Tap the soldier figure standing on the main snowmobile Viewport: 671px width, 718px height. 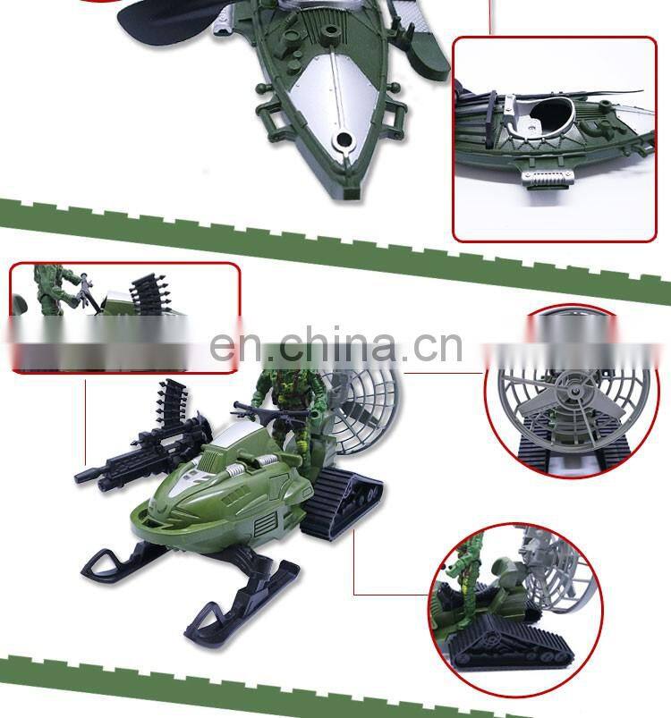[x=288, y=412]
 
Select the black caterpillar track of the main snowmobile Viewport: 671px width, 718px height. [x=341, y=499]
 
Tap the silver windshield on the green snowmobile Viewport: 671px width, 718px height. [x=236, y=436]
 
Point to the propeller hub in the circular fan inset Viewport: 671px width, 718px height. [x=574, y=391]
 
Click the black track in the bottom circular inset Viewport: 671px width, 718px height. [x=508, y=638]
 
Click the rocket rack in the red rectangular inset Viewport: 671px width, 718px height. [x=148, y=293]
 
